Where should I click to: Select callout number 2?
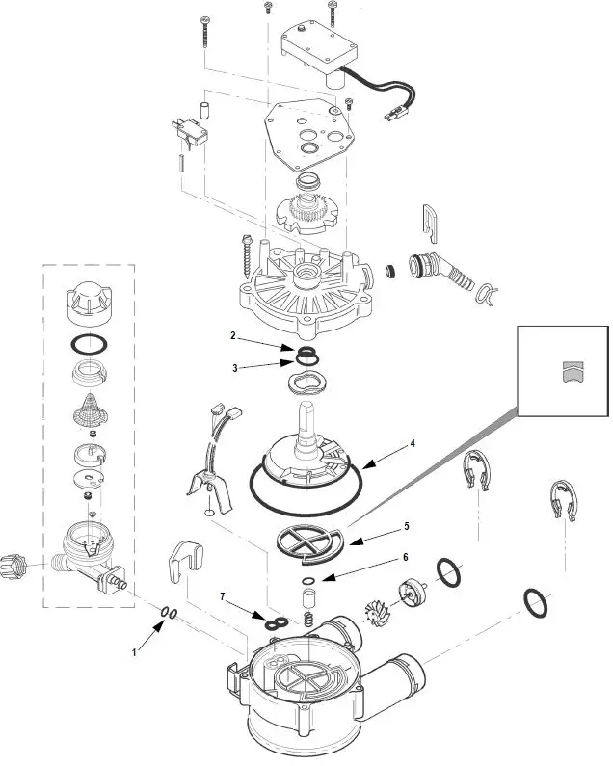click(232, 336)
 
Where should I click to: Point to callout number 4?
click(413, 443)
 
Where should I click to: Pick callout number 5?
click(406, 526)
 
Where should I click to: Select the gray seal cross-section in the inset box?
click(573, 371)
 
